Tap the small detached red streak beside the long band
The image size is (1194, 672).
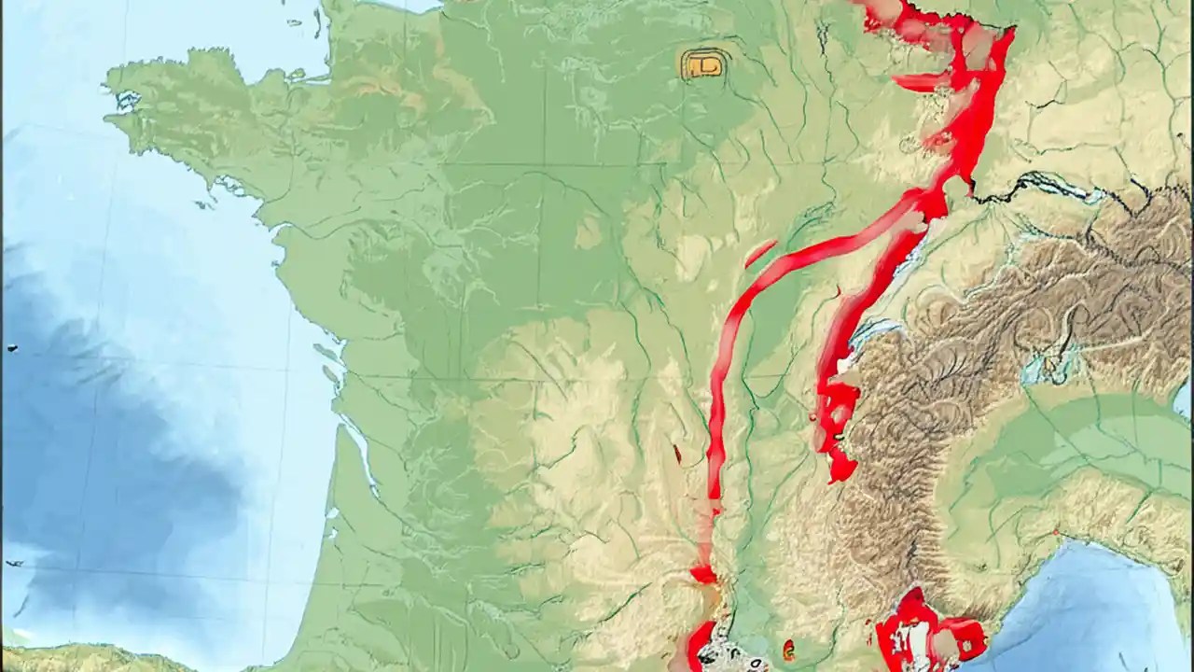pos(760,252)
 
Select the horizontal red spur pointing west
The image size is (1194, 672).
pos(919,82)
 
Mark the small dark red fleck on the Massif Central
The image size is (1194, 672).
pos(677,455)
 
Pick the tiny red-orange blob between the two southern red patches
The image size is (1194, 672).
pos(789,648)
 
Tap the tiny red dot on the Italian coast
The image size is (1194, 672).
pos(1057,532)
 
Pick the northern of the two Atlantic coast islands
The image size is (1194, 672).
pos(326,353)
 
